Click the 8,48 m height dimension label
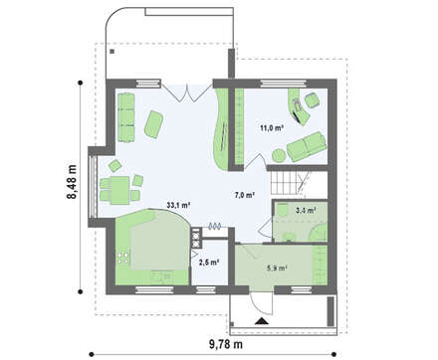pyautogui.click(x=72, y=182)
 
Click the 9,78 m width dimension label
pyautogui.click(x=226, y=344)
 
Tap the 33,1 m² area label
pyautogui.click(x=178, y=205)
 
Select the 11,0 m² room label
pyautogui.click(x=272, y=128)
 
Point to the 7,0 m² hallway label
pyautogui.click(x=245, y=195)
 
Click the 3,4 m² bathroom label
pyautogui.click(x=306, y=210)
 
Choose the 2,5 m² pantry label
pyautogui.click(x=209, y=263)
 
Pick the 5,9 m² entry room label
pyautogui.click(x=277, y=268)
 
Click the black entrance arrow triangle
pyautogui.click(x=262, y=320)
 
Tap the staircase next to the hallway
pyautogui.click(x=291, y=183)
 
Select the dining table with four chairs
pyautogui.click(x=119, y=187)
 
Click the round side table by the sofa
pyautogui.click(x=279, y=155)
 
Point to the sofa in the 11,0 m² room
pyautogui.click(x=307, y=146)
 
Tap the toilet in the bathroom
pyautogui.click(x=283, y=210)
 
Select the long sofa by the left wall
pyautogui.click(x=125, y=117)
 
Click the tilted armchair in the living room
pyautogui.click(x=154, y=124)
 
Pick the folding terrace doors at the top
pyautogui.click(x=187, y=91)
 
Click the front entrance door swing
pyautogui.click(x=261, y=303)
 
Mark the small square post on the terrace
pyautogui.click(x=112, y=52)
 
